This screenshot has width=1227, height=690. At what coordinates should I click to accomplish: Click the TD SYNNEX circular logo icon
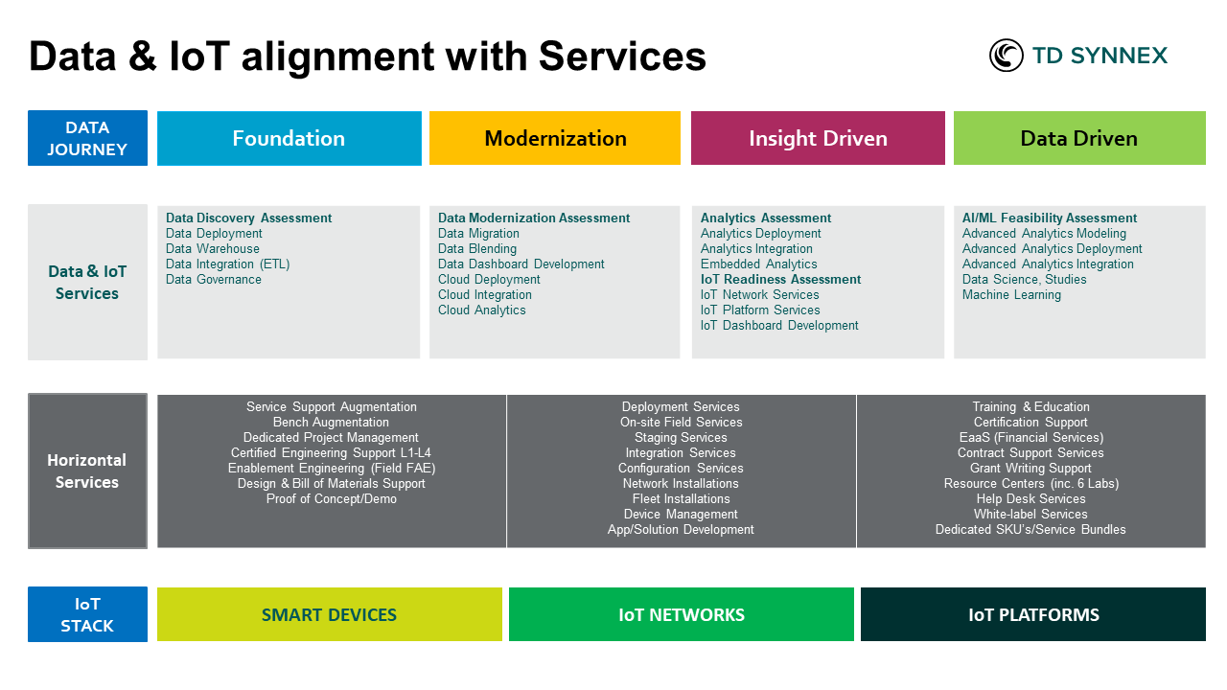(x=1007, y=56)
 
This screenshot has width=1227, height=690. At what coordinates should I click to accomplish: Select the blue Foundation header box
(x=289, y=138)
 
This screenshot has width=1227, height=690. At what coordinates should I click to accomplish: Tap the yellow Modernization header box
(x=555, y=138)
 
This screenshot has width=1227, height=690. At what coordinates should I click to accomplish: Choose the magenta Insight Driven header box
(x=818, y=138)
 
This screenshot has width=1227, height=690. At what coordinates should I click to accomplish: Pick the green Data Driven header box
(x=1079, y=138)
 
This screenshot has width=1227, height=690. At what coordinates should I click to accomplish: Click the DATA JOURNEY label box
(x=87, y=138)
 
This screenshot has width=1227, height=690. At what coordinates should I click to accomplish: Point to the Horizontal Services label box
(x=87, y=471)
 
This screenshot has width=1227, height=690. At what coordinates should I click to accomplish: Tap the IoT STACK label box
(x=87, y=614)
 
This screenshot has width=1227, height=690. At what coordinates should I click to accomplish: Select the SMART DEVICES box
(x=329, y=614)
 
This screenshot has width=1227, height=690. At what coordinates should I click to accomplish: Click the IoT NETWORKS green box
(x=681, y=614)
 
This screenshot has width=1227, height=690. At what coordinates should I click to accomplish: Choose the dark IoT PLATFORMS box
(x=1033, y=614)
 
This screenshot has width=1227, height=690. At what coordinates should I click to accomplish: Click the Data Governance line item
(x=214, y=280)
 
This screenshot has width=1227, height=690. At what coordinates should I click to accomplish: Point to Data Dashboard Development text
(x=521, y=264)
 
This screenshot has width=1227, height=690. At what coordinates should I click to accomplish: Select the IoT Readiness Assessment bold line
(x=780, y=280)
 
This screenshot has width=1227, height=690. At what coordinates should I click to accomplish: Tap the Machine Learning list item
(x=1011, y=295)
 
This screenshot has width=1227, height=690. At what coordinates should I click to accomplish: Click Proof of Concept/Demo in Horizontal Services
(x=331, y=499)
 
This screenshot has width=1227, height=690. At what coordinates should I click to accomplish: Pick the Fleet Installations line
(x=681, y=499)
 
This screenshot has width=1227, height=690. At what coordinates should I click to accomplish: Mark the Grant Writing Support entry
(x=1030, y=469)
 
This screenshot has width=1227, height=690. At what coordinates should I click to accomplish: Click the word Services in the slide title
(x=622, y=57)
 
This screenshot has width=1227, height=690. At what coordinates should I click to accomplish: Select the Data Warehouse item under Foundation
(x=213, y=249)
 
